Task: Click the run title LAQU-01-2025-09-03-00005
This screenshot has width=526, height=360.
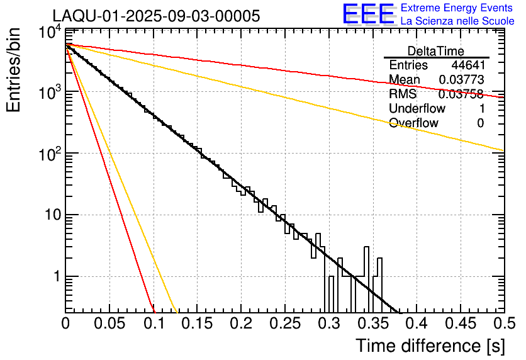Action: click(x=156, y=16)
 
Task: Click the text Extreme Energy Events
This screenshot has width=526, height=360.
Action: click(x=457, y=8)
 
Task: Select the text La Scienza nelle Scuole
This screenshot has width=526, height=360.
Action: click(x=457, y=21)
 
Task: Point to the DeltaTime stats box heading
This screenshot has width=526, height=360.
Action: click(x=436, y=51)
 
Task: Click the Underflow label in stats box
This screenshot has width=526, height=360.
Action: click(x=417, y=108)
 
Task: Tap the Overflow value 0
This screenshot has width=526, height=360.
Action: click(x=480, y=123)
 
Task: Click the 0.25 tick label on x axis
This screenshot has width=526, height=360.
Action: click(x=285, y=324)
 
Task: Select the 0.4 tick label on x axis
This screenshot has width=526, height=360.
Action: click(x=416, y=324)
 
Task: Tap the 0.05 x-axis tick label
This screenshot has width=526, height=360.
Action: click(x=109, y=324)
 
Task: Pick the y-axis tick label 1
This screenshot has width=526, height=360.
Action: click(x=55, y=277)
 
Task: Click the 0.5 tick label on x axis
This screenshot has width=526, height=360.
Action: click(x=503, y=324)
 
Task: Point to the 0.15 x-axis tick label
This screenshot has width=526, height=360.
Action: click(x=197, y=324)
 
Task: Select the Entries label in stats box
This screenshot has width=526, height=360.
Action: click(x=408, y=65)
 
